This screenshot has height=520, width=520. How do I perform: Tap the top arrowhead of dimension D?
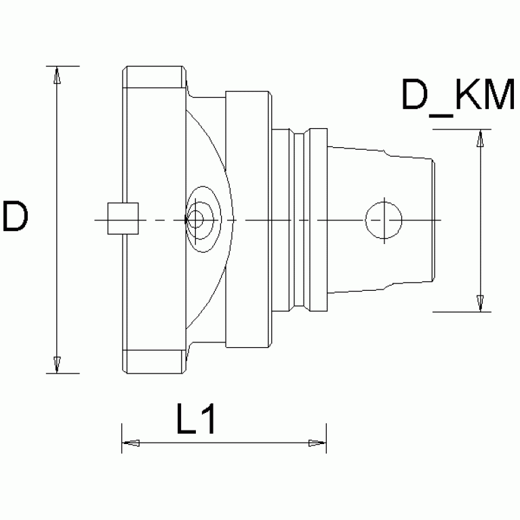58,75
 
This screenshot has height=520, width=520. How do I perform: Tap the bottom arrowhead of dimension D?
58,364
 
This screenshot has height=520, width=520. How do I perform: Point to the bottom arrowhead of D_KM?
480,302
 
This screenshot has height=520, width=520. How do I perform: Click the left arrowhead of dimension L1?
130,443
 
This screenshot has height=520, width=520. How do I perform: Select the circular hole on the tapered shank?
384,220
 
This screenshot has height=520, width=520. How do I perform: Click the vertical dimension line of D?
58,271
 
